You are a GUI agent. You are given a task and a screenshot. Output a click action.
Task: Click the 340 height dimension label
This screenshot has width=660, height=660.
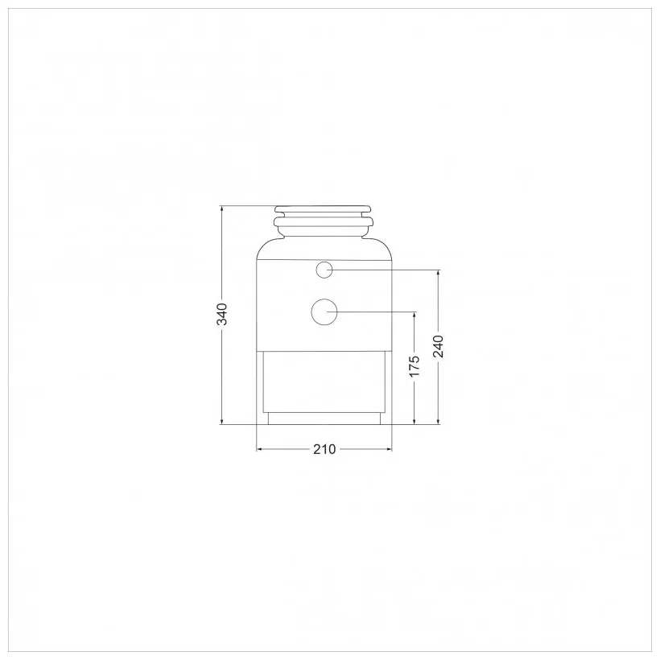point(222,314)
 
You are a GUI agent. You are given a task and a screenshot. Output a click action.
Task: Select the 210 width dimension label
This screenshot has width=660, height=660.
point(324,450)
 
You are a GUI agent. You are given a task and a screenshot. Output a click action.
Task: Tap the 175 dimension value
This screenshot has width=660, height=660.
point(415,366)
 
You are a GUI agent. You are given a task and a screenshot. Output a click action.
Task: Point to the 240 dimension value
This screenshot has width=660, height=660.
point(438,346)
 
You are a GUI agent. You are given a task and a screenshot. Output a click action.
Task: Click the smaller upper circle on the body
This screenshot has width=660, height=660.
point(324,270)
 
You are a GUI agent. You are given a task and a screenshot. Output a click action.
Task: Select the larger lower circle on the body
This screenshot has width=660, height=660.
point(324,312)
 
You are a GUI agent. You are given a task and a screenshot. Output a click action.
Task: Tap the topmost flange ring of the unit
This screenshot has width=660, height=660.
point(324,209)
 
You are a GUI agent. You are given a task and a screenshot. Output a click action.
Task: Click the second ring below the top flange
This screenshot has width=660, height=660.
point(324,221)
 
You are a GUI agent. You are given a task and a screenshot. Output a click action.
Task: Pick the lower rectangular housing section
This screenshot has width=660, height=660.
point(324,382)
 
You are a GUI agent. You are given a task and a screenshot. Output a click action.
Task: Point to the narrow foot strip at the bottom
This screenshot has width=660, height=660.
point(324,419)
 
